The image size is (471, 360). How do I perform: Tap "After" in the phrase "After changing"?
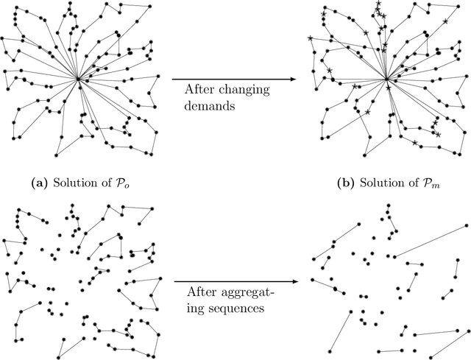pos(198,89)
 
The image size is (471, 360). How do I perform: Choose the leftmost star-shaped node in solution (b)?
pos(311,38)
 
